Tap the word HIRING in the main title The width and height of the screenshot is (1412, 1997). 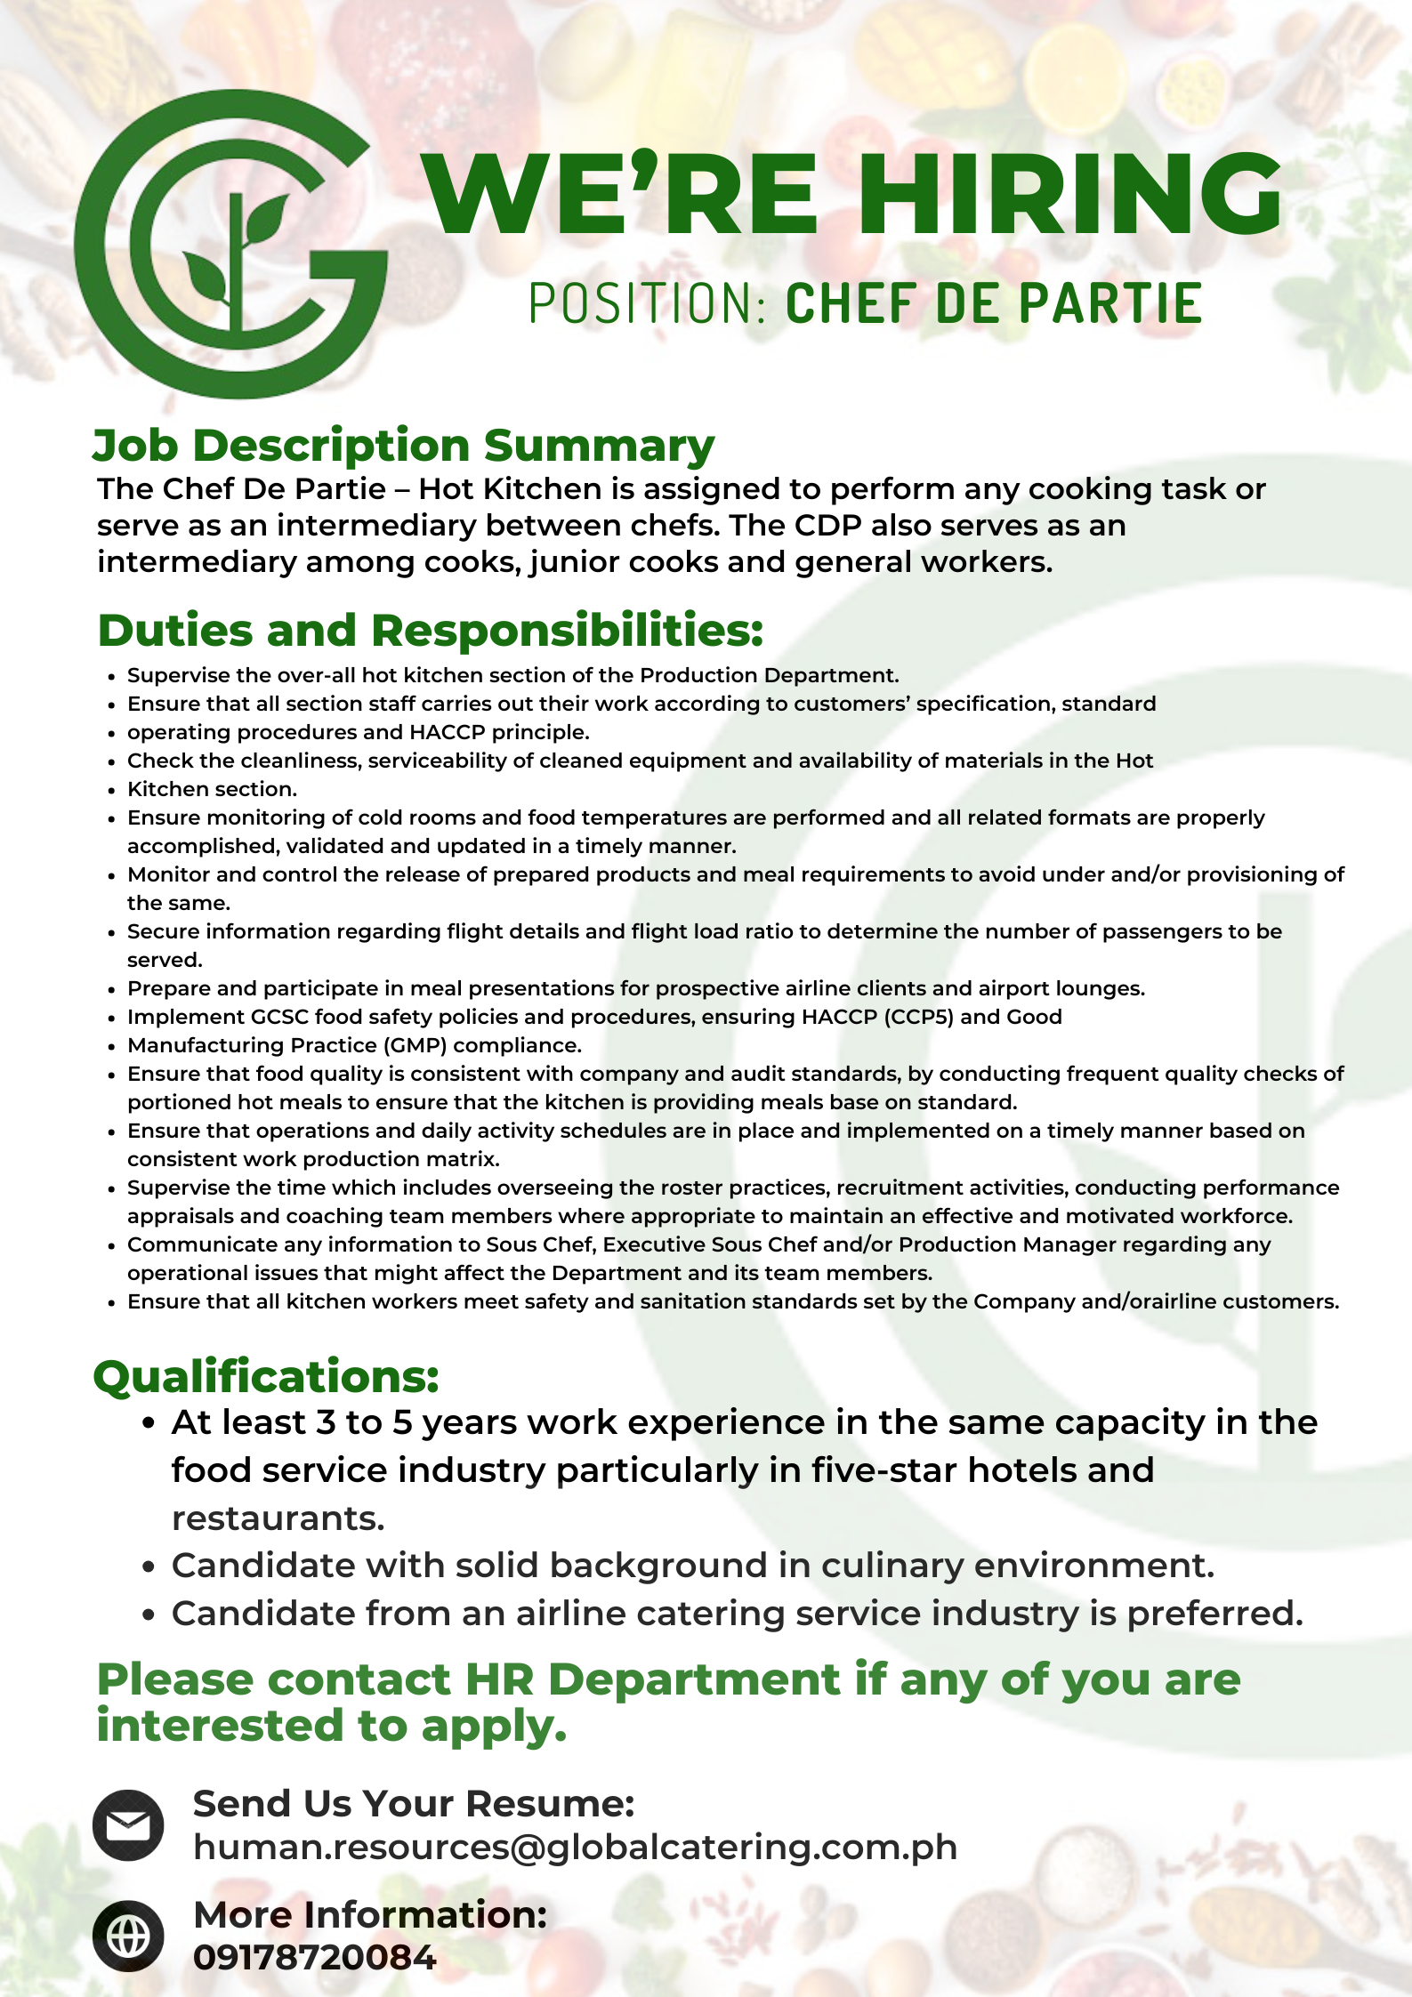click(x=1068, y=194)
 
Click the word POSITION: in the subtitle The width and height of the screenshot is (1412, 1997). click(x=647, y=304)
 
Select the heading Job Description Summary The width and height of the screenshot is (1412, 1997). click(x=403, y=445)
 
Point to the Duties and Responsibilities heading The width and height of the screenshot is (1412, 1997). click(x=431, y=631)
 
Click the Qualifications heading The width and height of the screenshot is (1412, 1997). click(x=266, y=1377)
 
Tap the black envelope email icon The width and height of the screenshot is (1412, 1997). click(x=128, y=1825)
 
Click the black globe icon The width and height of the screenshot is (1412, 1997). click(x=128, y=1936)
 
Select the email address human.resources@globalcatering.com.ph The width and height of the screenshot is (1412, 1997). click(x=575, y=1848)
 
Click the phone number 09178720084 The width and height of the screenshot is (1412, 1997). click(x=314, y=1958)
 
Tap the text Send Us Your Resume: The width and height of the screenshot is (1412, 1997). click(x=414, y=1804)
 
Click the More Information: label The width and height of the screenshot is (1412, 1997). click(x=370, y=1914)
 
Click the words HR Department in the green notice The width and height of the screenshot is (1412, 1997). click(x=651, y=1680)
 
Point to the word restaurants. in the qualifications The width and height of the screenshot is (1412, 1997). click(x=278, y=1518)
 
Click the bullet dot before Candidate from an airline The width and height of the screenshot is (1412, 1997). click(x=149, y=1615)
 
